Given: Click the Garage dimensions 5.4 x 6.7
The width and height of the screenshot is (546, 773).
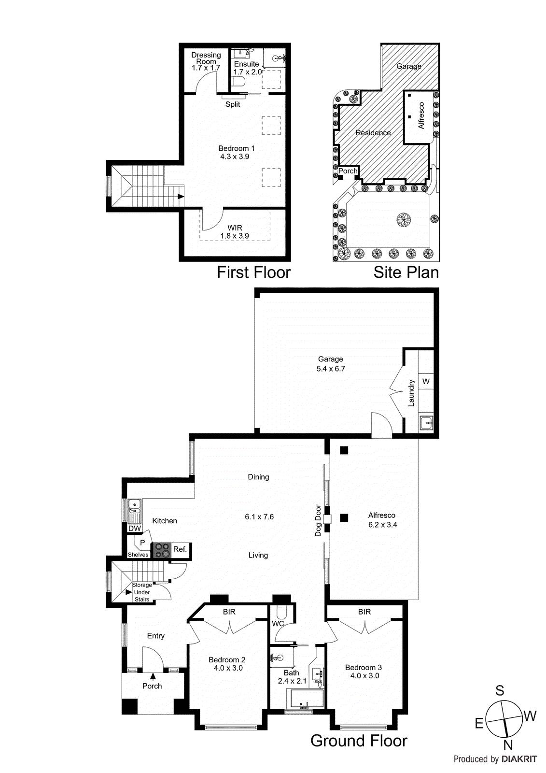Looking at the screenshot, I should pyautogui.click(x=331, y=369).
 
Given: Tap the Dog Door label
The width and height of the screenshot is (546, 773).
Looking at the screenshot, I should pyautogui.click(x=318, y=520).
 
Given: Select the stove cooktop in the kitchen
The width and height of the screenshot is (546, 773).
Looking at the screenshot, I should pyautogui.click(x=162, y=551).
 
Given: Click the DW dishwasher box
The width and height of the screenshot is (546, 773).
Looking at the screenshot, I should pyautogui.click(x=135, y=529).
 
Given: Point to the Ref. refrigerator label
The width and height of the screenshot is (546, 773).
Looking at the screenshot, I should pyautogui.click(x=180, y=549).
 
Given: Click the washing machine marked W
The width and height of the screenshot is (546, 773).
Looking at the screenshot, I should pyautogui.click(x=426, y=382).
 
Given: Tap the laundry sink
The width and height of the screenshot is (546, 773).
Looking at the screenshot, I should pyautogui.click(x=426, y=423).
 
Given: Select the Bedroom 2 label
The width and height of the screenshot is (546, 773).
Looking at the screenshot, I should pyautogui.click(x=227, y=659).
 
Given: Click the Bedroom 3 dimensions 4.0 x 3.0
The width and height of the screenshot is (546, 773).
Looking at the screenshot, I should pyautogui.click(x=364, y=676).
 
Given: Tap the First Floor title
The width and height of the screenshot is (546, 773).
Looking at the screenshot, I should pyautogui.click(x=253, y=272).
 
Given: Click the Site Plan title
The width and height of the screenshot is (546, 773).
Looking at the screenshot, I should pyautogui.click(x=406, y=272).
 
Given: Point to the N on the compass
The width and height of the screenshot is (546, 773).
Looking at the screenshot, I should pyautogui.click(x=508, y=745).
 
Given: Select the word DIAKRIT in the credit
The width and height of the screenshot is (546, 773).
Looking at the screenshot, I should pyautogui.click(x=519, y=759).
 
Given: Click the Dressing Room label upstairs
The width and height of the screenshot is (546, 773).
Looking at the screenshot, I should pyautogui.click(x=206, y=58).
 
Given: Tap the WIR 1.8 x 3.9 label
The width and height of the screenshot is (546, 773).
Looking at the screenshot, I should pyautogui.click(x=235, y=232).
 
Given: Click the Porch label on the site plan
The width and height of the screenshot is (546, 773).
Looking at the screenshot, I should pyautogui.click(x=348, y=171).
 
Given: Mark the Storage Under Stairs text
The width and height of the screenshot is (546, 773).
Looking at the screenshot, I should pyautogui.click(x=142, y=592).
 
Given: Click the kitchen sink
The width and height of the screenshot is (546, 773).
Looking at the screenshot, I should pyautogui.click(x=134, y=507).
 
